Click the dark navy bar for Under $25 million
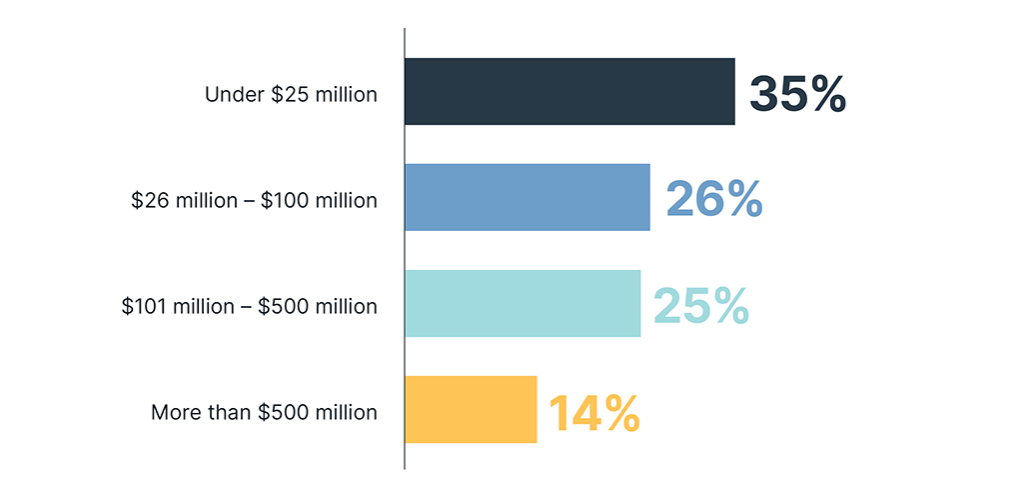[569, 91]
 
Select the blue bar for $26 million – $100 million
[527, 197]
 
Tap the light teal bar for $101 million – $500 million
[522, 303]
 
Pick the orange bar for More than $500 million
[471, 409]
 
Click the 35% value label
[797, 93]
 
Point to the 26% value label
[713, 199]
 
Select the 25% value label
[700, 305]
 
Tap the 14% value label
[593, 412]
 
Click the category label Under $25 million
[291, 95]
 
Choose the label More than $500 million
[264, 412]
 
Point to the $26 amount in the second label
[147, 201]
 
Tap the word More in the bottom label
[174, 412]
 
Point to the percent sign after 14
[619, 412]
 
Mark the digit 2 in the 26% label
[682, 199]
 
